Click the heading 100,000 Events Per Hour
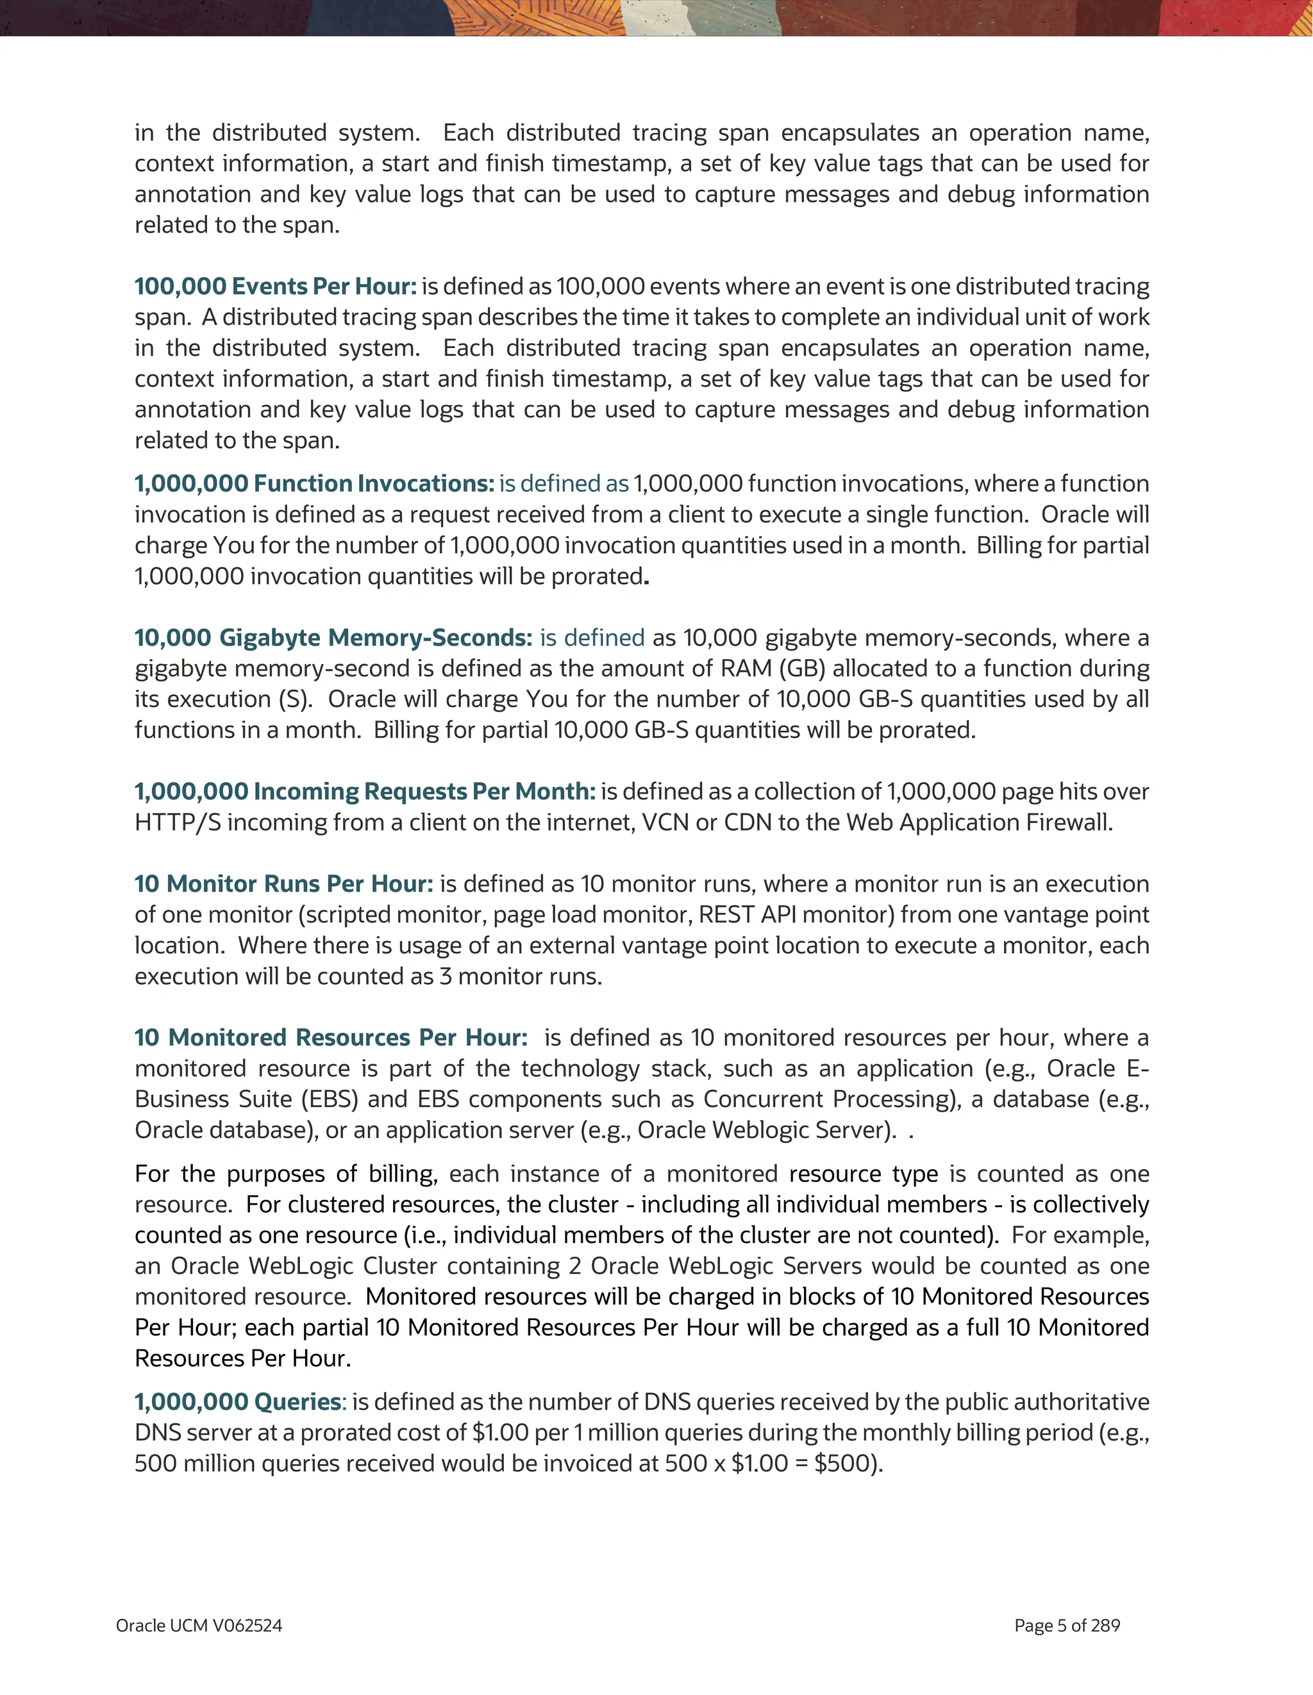tap(274, 287)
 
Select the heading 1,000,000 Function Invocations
tap(314, 483)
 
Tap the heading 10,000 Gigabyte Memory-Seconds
tap(333, 637)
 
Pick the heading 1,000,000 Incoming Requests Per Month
tap(365, 791)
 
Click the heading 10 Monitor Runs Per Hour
tap(283, 883)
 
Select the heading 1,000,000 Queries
tap(237, 1401)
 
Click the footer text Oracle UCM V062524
tap(199, 1625)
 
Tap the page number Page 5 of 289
tap(1067, 1625)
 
